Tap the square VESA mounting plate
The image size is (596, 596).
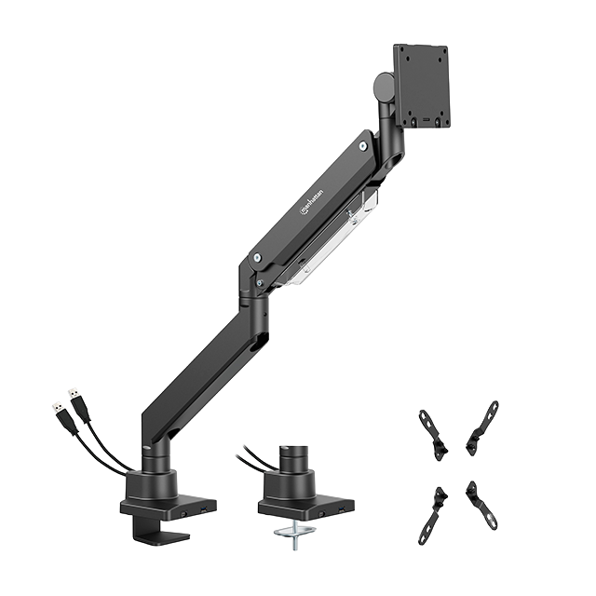tap(422, 86)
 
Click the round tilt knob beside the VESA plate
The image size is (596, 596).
tap(383, 88)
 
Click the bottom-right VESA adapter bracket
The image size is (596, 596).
tap(482, 505)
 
